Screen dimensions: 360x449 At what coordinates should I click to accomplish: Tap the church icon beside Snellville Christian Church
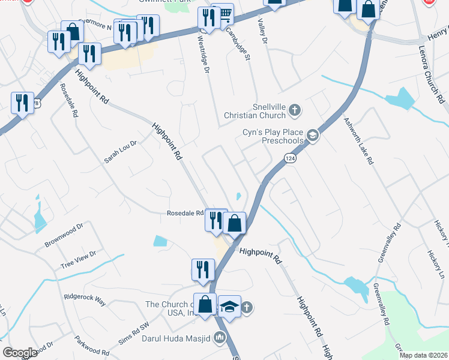click(x=294, y=110)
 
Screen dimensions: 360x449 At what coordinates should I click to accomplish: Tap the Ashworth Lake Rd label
click(x=358, y=140)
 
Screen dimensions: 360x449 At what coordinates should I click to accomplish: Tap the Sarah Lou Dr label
click(x=121, y=152)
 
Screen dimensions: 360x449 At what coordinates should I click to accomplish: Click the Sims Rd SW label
click(x=133, y=334)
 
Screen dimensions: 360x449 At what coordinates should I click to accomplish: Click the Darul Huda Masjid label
click(x=176, y=339)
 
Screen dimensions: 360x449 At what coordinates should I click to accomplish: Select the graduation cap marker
click(x=229, y=307)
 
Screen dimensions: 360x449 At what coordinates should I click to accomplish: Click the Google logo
click(x=20, y=353)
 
